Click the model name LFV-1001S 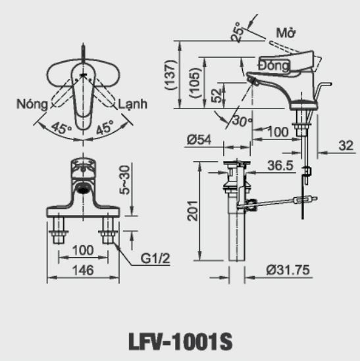tap(180, 342)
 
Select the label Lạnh tap(133, 105)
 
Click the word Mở tap(284, 32)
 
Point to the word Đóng tap(274, 66)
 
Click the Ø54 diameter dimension tap(198, 139)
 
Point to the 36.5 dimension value tap(280, 166)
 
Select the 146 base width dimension tap(82, 270)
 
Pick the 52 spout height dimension tap(218, 96)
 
